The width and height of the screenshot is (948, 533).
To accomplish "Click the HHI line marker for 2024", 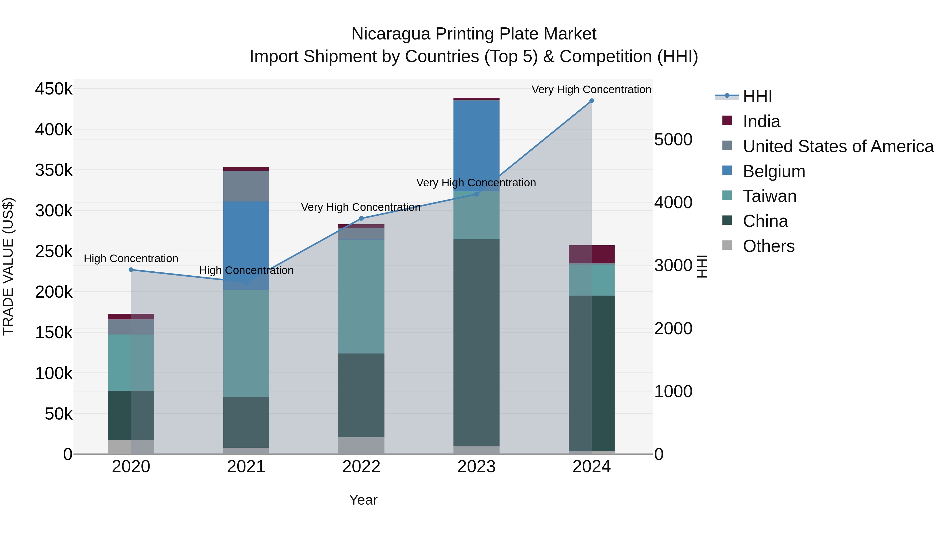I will [591, 101].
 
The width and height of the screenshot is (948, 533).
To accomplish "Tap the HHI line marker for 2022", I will [361, 218].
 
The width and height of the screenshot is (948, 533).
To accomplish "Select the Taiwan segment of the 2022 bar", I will [361, 296].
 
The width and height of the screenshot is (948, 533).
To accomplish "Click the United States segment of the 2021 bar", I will [246, 186].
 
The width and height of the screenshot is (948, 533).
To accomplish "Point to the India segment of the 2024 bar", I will [591, 254].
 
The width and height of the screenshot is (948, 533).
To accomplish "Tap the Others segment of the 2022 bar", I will [361, 445].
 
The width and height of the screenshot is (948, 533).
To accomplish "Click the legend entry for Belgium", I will [774, 171].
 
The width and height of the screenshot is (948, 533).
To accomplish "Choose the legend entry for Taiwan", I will [769, 196].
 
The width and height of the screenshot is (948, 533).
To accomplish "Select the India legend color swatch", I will [727, 121].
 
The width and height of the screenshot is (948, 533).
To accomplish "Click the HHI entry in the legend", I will [757, 96].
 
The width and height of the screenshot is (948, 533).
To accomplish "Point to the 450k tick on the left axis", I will [54, 89].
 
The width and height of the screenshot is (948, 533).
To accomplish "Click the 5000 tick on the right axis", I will [673, 140].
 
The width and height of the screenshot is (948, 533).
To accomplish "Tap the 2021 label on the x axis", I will [246, 467].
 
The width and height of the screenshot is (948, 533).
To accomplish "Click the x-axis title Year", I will [363, 500].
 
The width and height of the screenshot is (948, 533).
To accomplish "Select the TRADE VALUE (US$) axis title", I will [8, 266].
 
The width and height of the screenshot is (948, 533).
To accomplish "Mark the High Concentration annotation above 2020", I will [131, 258].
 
